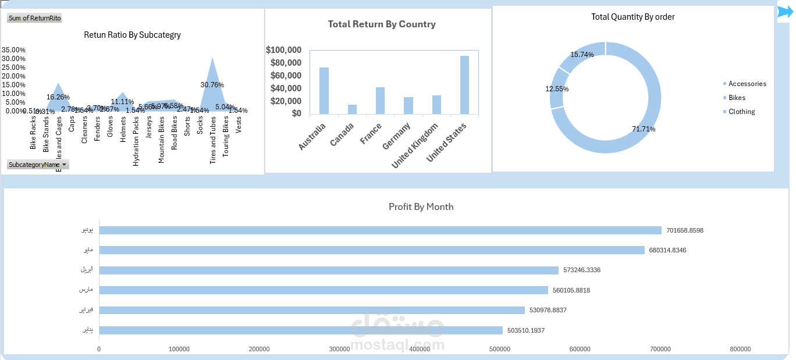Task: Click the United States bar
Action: click(x=464, y=85)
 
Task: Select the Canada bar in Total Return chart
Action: click(x=352, y=109)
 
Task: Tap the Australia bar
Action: click(x=324, y=91)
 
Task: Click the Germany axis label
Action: click(x=397, y=136)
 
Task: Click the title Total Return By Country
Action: click(x=382, y=24)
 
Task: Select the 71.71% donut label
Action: click(x=644, y=129)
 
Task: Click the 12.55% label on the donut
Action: click(x=557, y=89)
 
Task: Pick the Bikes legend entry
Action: click(x=737, y=98)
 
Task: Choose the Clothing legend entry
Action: click(x=741, y=112)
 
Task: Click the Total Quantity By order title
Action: click(x=633, y=17)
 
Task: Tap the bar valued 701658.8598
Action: click(x=381, y=230)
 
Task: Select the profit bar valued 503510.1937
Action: click(x=301, y=330)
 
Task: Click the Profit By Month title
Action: click(x=421, y=207)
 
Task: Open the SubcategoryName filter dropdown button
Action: click(x=64, y=165)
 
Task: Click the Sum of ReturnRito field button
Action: click(x=35, y=18)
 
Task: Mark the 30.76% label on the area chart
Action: click(x=212, y=85)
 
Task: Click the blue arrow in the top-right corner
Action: click(x=785, y=12)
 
